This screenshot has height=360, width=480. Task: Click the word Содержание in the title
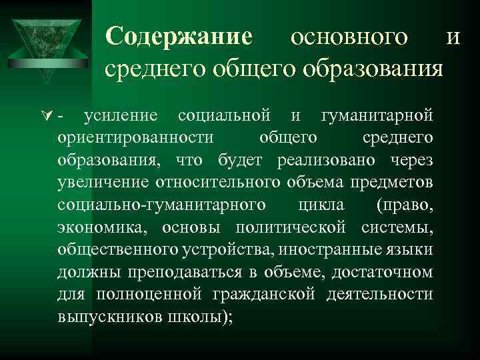179,37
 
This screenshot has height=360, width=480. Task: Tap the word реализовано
329,161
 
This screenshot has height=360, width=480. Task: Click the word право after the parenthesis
404,204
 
